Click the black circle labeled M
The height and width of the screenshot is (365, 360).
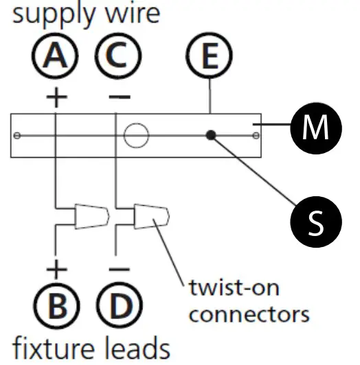(x=315, y=128)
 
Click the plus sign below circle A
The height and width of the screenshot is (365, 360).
(x=56, y=97)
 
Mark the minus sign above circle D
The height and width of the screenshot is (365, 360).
(x=118, y=270)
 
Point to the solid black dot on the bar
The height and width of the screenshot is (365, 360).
(x=213, y=135)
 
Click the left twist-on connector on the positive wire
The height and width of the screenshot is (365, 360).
(x=92, y=217)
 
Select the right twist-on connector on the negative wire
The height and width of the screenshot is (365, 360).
(x=152, y=217)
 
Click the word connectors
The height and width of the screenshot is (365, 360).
(x=248, y=314)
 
